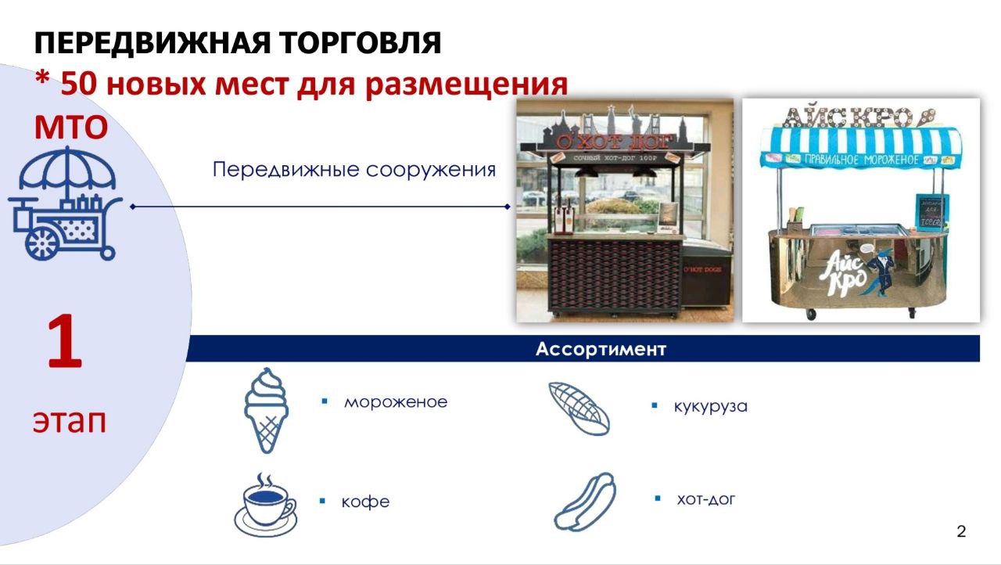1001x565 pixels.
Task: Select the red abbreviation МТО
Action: click(x=70, y=127)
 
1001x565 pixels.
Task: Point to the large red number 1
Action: click(x=65, y=344)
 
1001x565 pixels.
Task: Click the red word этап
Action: click(x=69, y=421)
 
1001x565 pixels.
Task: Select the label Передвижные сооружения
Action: click(x=354, y=170)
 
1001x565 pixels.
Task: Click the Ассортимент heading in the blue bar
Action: click(x=601, y=349)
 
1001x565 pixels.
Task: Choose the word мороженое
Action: click(x=396, y=402)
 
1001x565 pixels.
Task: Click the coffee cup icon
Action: click(x=265, y=505)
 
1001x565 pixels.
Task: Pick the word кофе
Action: click(x=365, y=502)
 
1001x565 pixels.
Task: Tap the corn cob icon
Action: click(x=579, y=408)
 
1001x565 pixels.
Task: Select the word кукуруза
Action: click(x=710, y=407)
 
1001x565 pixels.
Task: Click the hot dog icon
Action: click(x=585, y=502)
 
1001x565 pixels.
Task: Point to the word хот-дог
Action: click(x=705, y=499)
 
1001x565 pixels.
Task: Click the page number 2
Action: click(x=961, y=532)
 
